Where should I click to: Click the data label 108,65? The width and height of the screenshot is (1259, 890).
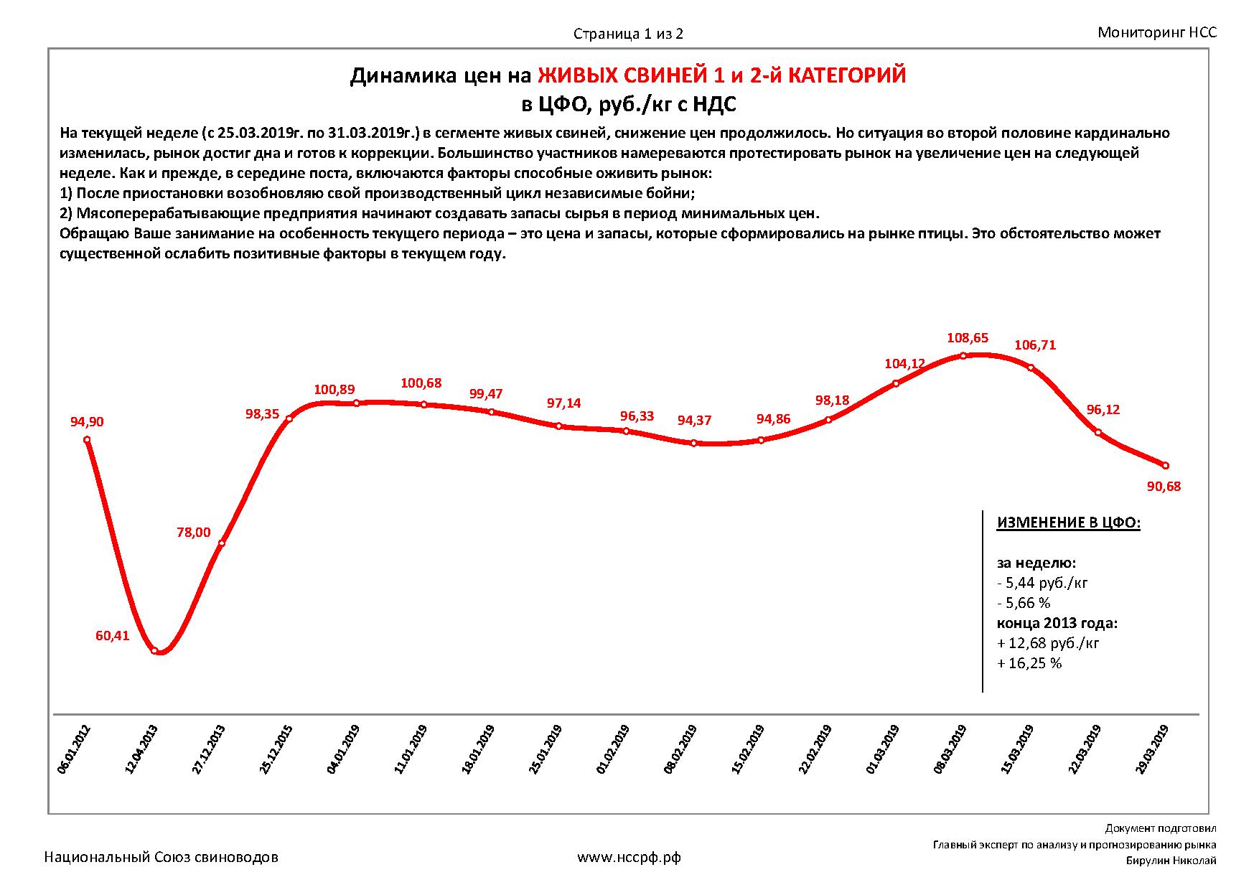pos(967,337)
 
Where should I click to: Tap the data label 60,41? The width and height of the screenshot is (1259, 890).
pos(112,635)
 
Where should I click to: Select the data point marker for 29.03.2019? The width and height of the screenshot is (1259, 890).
pos(1165,465)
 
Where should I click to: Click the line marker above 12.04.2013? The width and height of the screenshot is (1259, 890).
pos(154,650)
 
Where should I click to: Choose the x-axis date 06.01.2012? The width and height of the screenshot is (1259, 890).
pos(74,749)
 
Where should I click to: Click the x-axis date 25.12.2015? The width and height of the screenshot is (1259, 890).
pos(276,749)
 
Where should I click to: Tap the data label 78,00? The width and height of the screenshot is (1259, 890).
pos(194,533)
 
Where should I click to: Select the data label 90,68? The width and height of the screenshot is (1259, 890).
pos(1164,487)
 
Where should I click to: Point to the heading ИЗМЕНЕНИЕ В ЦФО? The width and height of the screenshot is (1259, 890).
pos(1068,523)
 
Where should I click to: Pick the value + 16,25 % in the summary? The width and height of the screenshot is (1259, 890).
pos(1029,663)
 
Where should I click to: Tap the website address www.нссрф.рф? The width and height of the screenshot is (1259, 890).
pos(629,857)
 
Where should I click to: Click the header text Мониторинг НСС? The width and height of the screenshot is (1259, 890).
pos(1157,32)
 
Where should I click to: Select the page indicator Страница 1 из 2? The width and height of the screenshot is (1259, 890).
pos(628,34)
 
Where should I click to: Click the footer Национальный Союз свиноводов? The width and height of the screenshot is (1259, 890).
pos(162,857)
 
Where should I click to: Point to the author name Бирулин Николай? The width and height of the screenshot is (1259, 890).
pos(1171,861)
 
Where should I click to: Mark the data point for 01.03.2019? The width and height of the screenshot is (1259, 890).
pos(895,383)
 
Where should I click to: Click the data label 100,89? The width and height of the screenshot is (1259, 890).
pos(334,390)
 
